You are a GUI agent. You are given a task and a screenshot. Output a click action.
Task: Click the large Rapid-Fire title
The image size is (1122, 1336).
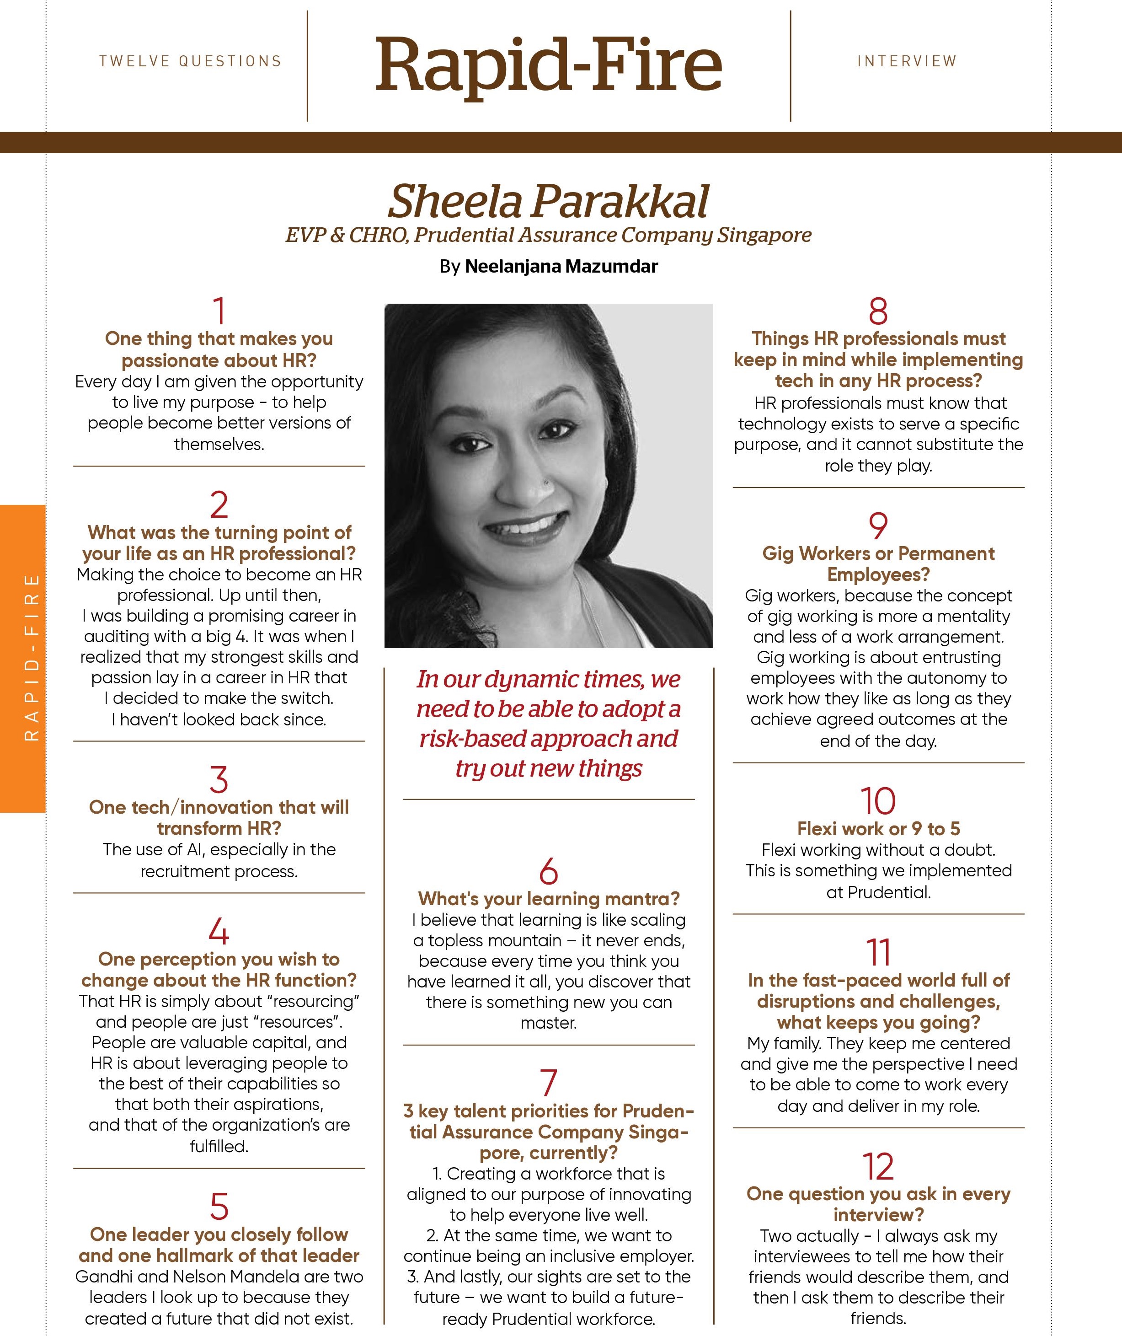click(x=548, y=65)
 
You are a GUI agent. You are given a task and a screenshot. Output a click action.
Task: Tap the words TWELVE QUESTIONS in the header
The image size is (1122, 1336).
click(x=190, y=62)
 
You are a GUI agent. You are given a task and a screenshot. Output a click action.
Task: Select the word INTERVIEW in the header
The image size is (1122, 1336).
click(x=906, y=62)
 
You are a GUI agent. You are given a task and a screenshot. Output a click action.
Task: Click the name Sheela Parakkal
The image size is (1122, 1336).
click(x=548, y=202)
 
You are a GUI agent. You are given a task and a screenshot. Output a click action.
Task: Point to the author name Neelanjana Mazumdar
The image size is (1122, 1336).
click(x=561, y=267)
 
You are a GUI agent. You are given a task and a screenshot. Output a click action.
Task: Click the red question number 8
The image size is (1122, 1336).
click(x=878, y=312)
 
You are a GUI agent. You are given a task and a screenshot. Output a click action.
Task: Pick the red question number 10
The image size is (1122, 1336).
click(x=878, y=801)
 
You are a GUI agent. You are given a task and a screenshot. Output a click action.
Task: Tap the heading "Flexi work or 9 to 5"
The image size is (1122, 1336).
click(x=878, y=829)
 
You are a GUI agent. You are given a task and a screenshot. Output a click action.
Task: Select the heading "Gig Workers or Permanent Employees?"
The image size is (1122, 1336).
click(x=878, y=563)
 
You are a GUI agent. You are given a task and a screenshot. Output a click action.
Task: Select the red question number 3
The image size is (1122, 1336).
click(x=219, y=780)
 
